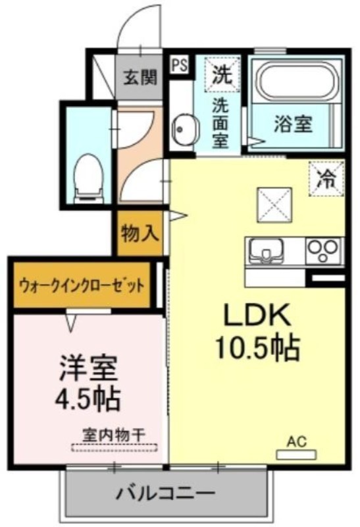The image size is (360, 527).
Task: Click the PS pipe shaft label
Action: pyautogui.click(x=180, y=65)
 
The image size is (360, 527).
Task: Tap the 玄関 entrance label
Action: pyautogui.click(x=140, y=78)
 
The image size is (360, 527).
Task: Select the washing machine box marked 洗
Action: pyautogui.click(x=222, y=74)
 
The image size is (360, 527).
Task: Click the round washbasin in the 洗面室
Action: pyautogui.click(x=182, y=128)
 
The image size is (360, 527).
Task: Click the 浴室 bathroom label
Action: pyautogui.click(x=294, y=124)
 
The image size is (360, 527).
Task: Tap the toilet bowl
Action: pyautogui.click(x=89, y=178)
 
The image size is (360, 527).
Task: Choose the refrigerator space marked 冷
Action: pyautogui.click(x=326, y=179)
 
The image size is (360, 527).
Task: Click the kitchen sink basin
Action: pyautogui.click(x=266, y=251)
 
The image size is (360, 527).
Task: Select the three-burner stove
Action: pyautogui.click(x=323, y=252)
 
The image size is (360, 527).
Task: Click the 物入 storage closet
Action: pyautogui.click(x=140, y=233)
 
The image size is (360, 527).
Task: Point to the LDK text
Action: pyautogui.click(x=257, y=316)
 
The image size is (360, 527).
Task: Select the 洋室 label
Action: pyautogui.click(x=89, y=369)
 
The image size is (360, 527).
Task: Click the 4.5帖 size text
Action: pyautogui.click(x=88, y=400)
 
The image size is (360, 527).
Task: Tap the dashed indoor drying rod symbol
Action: pyautogui.click(x=115, y=448)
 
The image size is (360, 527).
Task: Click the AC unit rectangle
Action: pyautogui.click(x=296, y=455)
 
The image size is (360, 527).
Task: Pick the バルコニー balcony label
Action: pyautogui.click(x=165, y=494)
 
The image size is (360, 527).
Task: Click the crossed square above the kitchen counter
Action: pyautogui.click(x=274, y=205)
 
